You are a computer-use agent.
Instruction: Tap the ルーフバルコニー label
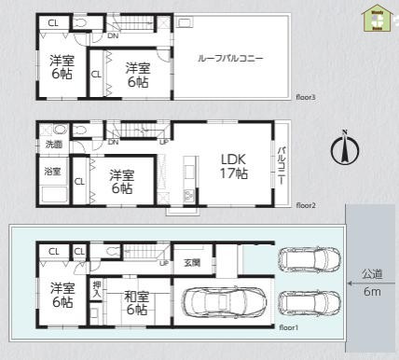point(230,58)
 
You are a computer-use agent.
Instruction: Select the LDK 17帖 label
point(233,166)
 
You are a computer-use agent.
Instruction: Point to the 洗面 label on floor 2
point(53,145)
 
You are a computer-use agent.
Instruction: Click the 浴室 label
point(53,172)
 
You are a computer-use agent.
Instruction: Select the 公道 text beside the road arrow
point(371,275)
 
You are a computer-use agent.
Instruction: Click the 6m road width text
point(371,292)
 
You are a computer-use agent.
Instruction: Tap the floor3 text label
point(307,96)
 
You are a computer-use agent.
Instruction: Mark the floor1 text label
point(288,328)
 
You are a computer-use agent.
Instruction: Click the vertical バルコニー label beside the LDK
point(282,166)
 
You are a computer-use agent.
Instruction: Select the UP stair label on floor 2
point(165,143)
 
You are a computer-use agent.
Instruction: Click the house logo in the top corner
point(378,16)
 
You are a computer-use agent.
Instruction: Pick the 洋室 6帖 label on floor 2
point(120,180)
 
